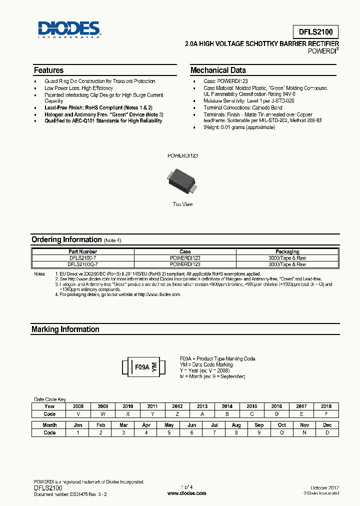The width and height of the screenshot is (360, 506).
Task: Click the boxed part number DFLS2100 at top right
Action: click(312, 32)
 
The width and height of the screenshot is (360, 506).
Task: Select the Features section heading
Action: click(48, 70)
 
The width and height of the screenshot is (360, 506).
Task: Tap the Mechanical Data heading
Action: click(218, 70)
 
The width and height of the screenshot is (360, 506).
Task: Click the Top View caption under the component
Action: click(182, 204)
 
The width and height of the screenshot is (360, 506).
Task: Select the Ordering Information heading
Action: click(66, 239)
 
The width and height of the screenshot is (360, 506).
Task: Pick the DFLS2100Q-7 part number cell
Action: click(82, 264)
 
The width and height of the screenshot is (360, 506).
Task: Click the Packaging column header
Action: click(287, 251)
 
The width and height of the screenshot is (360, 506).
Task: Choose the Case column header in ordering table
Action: click(185, 251)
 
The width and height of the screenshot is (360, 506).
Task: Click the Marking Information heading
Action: click(65, 329)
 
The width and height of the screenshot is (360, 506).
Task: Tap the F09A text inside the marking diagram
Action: click(142, 367)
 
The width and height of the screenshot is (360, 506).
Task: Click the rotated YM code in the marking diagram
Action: click(154, 367)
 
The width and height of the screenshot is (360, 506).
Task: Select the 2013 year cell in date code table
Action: click(202, 406)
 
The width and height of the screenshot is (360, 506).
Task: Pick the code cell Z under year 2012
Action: click(177, 414)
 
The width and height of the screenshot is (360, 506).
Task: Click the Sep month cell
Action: click(259, 425)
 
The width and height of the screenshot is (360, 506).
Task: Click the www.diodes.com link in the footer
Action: click(186, 493)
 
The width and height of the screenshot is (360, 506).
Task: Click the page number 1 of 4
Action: click(186, 487)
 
